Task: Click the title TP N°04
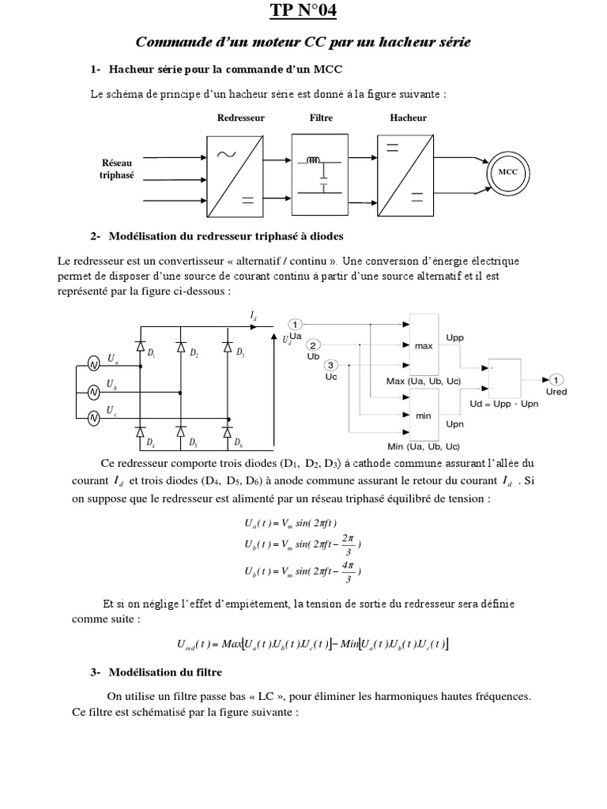click(x=303, y=11)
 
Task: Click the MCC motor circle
click(x=507, y=171)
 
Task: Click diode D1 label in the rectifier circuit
click(x=152, y=353)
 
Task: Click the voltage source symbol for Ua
click(x=93, y=364)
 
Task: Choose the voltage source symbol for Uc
click(x=93, y=418)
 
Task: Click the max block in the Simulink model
click(x=425, y=344)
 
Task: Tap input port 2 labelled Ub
click(x=314, y=345)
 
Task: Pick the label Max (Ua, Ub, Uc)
click(x=423, y=382)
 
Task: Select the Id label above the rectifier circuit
click(x=253, y=316)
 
